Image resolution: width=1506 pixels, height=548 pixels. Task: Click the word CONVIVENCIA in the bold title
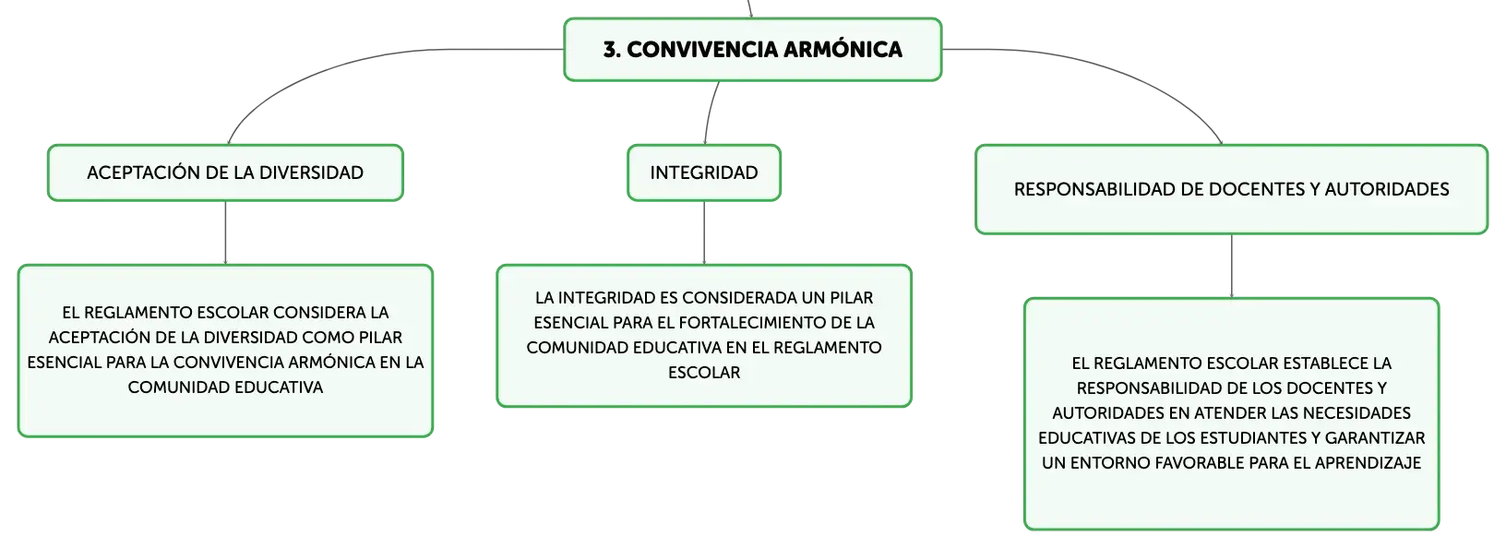[x=701, y=50]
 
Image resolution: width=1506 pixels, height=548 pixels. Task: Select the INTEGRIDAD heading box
[x=704, y=173]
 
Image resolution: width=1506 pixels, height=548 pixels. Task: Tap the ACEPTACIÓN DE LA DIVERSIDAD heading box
[x=225, y=173]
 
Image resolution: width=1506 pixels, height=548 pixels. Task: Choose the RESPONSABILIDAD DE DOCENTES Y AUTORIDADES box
[x=1231, y=190]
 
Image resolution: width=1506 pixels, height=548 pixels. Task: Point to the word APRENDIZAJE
[x=1368, y=463]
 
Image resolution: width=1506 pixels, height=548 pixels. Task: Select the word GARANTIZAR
[x=1375, y=438]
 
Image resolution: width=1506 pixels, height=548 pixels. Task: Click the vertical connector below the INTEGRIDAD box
[x=704, y=232]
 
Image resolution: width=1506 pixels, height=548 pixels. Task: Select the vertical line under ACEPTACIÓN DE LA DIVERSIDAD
[x=225, y=232]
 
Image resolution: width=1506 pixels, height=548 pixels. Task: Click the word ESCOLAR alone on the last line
[x=704, y=373]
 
